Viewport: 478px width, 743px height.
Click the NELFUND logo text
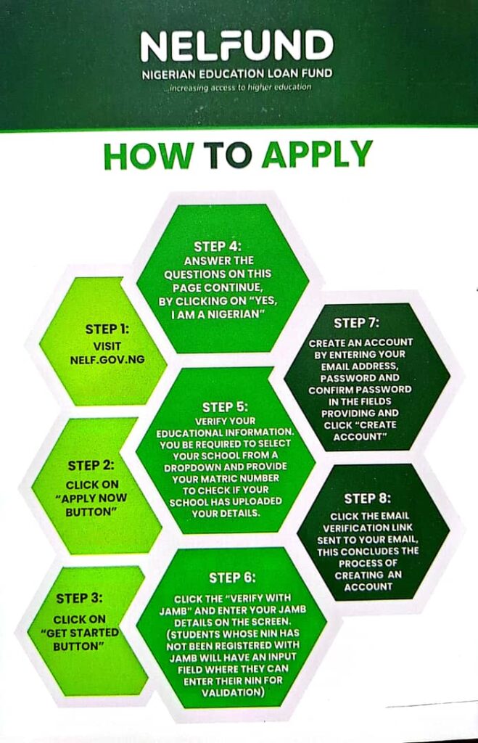[236, 47]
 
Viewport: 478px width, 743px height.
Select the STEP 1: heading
[107, 329]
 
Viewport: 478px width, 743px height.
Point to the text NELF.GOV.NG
[107, 359]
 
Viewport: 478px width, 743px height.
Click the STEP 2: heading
[91, 465]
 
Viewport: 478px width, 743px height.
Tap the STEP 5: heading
[226, 406]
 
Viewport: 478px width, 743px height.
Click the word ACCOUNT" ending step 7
[360, 437]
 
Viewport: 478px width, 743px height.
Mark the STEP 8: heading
[367, 498]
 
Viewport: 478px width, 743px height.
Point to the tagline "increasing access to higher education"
[240, 87]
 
